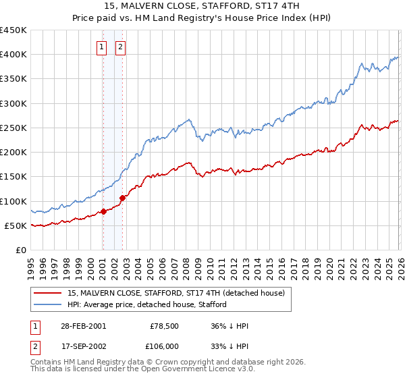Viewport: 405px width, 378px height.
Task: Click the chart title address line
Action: (x=202, y=6)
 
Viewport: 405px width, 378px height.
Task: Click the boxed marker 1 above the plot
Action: (x=102, y=47)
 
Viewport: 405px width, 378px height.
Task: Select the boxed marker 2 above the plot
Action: (x=120, y=47)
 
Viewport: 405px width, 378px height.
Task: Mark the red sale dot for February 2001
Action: (x=104, y=211)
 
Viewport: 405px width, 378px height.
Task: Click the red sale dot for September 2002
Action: (x=122, y=198)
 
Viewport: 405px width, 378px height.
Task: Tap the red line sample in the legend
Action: (x=48, y=293)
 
